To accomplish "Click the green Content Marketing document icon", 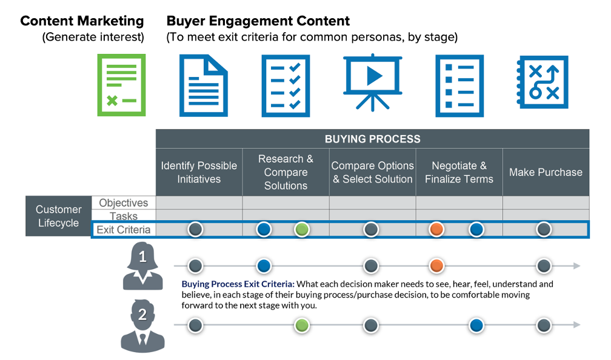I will pos(122,85).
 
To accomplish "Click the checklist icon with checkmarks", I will pos(285,85).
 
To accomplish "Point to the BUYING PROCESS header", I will pos(372,139).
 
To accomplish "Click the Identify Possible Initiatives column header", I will pos(199,172).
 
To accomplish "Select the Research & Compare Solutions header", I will pos(285,172).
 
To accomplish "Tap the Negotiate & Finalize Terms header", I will pos(459,172).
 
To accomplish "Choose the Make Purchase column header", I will pos(546,172).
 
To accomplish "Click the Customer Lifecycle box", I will pos(58,216).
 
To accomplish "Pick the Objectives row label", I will pos(124,203).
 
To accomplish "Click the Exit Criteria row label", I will pos(124,230).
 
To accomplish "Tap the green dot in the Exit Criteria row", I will pos(302,229).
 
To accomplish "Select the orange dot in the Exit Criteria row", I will pos(436,229).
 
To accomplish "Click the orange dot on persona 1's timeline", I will pos(436,266).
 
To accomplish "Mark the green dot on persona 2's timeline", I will pos(302,325).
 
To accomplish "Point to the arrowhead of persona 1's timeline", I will pos(576,266).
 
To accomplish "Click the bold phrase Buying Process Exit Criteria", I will pos(238,284).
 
